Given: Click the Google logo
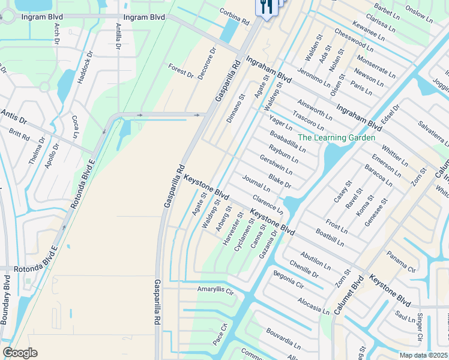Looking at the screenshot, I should [20, 353].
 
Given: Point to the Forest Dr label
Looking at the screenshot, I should [181, 71].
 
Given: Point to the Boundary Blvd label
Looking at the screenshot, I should [7, 299].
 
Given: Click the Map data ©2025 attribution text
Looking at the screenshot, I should [424, 355].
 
